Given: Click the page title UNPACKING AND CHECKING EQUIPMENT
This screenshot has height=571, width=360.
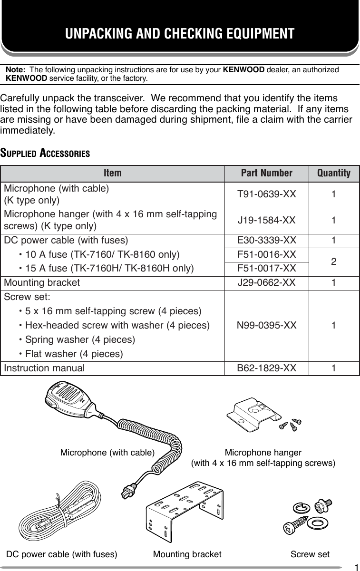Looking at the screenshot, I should (x=180, y=34).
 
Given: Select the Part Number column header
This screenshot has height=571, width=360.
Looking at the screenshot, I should (x=266, y=173).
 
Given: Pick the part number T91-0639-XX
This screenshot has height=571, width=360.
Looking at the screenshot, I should (x=266, y=194).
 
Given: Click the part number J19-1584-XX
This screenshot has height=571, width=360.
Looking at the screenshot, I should (x=266, y=220).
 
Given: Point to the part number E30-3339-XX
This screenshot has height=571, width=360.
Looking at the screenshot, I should (x=266, y=240).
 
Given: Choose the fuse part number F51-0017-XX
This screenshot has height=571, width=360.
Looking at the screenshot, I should (x=266, y=269).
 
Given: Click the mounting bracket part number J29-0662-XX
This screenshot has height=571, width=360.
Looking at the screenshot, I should (x=266, y=283).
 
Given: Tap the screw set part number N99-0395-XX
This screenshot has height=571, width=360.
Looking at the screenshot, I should (x=266, y=326).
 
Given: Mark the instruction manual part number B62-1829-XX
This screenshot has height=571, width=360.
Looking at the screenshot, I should (x=266, y=368).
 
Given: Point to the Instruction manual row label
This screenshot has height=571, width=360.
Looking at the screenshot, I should (x=44, y=368).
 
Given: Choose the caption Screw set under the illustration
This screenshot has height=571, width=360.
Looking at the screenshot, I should (x=310, y=554).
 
